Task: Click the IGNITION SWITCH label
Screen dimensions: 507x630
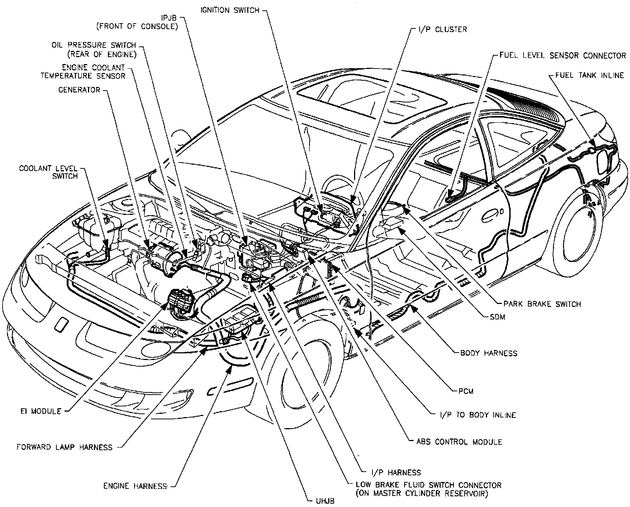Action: (230, 10)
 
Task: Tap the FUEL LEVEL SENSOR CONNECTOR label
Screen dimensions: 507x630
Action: (563, 56)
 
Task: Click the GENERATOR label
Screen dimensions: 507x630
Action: (79, 90)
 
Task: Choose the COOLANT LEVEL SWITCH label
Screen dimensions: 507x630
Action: (49, 172)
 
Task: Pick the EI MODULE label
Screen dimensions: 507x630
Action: (41, 411)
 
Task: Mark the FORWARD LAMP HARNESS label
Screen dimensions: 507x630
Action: (64, 447)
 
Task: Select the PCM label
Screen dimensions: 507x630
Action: (466, 391)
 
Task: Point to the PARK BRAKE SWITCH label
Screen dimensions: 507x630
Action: (542, 304)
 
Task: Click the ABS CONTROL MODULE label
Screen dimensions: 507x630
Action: (459, 441)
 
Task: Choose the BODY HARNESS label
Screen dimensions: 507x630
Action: (489, 353)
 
